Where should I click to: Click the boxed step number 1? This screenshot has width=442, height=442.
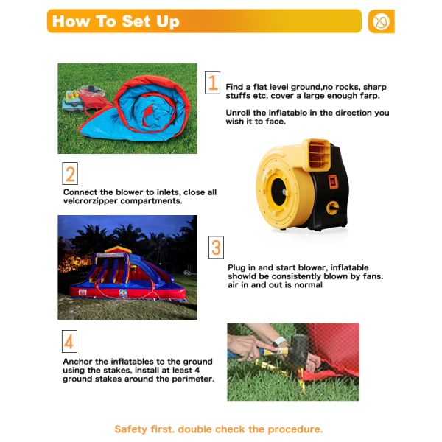click(x=212, y=83)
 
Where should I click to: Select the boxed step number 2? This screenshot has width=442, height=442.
click(x=70, y=173)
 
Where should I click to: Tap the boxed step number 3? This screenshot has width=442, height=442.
click(x=216, y=248)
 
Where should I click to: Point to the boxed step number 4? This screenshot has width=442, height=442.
click(x=69, y=341)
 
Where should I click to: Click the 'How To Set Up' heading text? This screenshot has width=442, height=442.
click(x=116, y=21)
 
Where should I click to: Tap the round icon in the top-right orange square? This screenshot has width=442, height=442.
click(x=381, y=21)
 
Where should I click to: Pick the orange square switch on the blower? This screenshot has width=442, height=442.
click(x=333, y=181)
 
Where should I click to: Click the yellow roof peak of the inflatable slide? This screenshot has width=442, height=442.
click(x=118, y=249)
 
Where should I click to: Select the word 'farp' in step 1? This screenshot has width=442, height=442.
click(x=369, y=96)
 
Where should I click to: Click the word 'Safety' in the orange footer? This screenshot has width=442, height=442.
click(x=131, y=429)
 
